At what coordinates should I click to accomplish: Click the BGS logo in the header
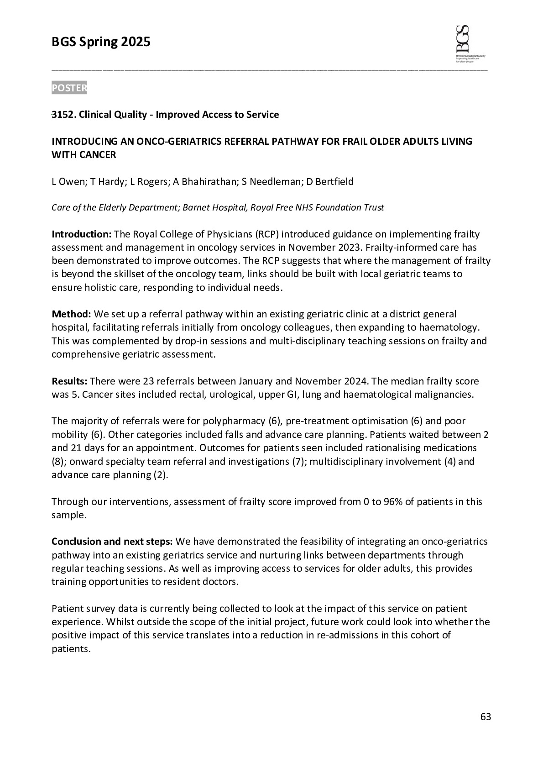(x=470, y=44)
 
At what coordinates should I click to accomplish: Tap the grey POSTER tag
(x=69, y=88)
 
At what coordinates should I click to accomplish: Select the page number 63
(x=486, y=717)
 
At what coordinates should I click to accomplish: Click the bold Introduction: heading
(x=81, y=235)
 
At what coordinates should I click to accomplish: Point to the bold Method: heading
(x=72, y=314)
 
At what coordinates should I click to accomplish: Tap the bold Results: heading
(x=70, y=381)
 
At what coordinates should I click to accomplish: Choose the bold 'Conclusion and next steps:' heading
(x=112, y=542)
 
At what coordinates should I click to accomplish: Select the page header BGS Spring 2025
(x=101, y=42)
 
